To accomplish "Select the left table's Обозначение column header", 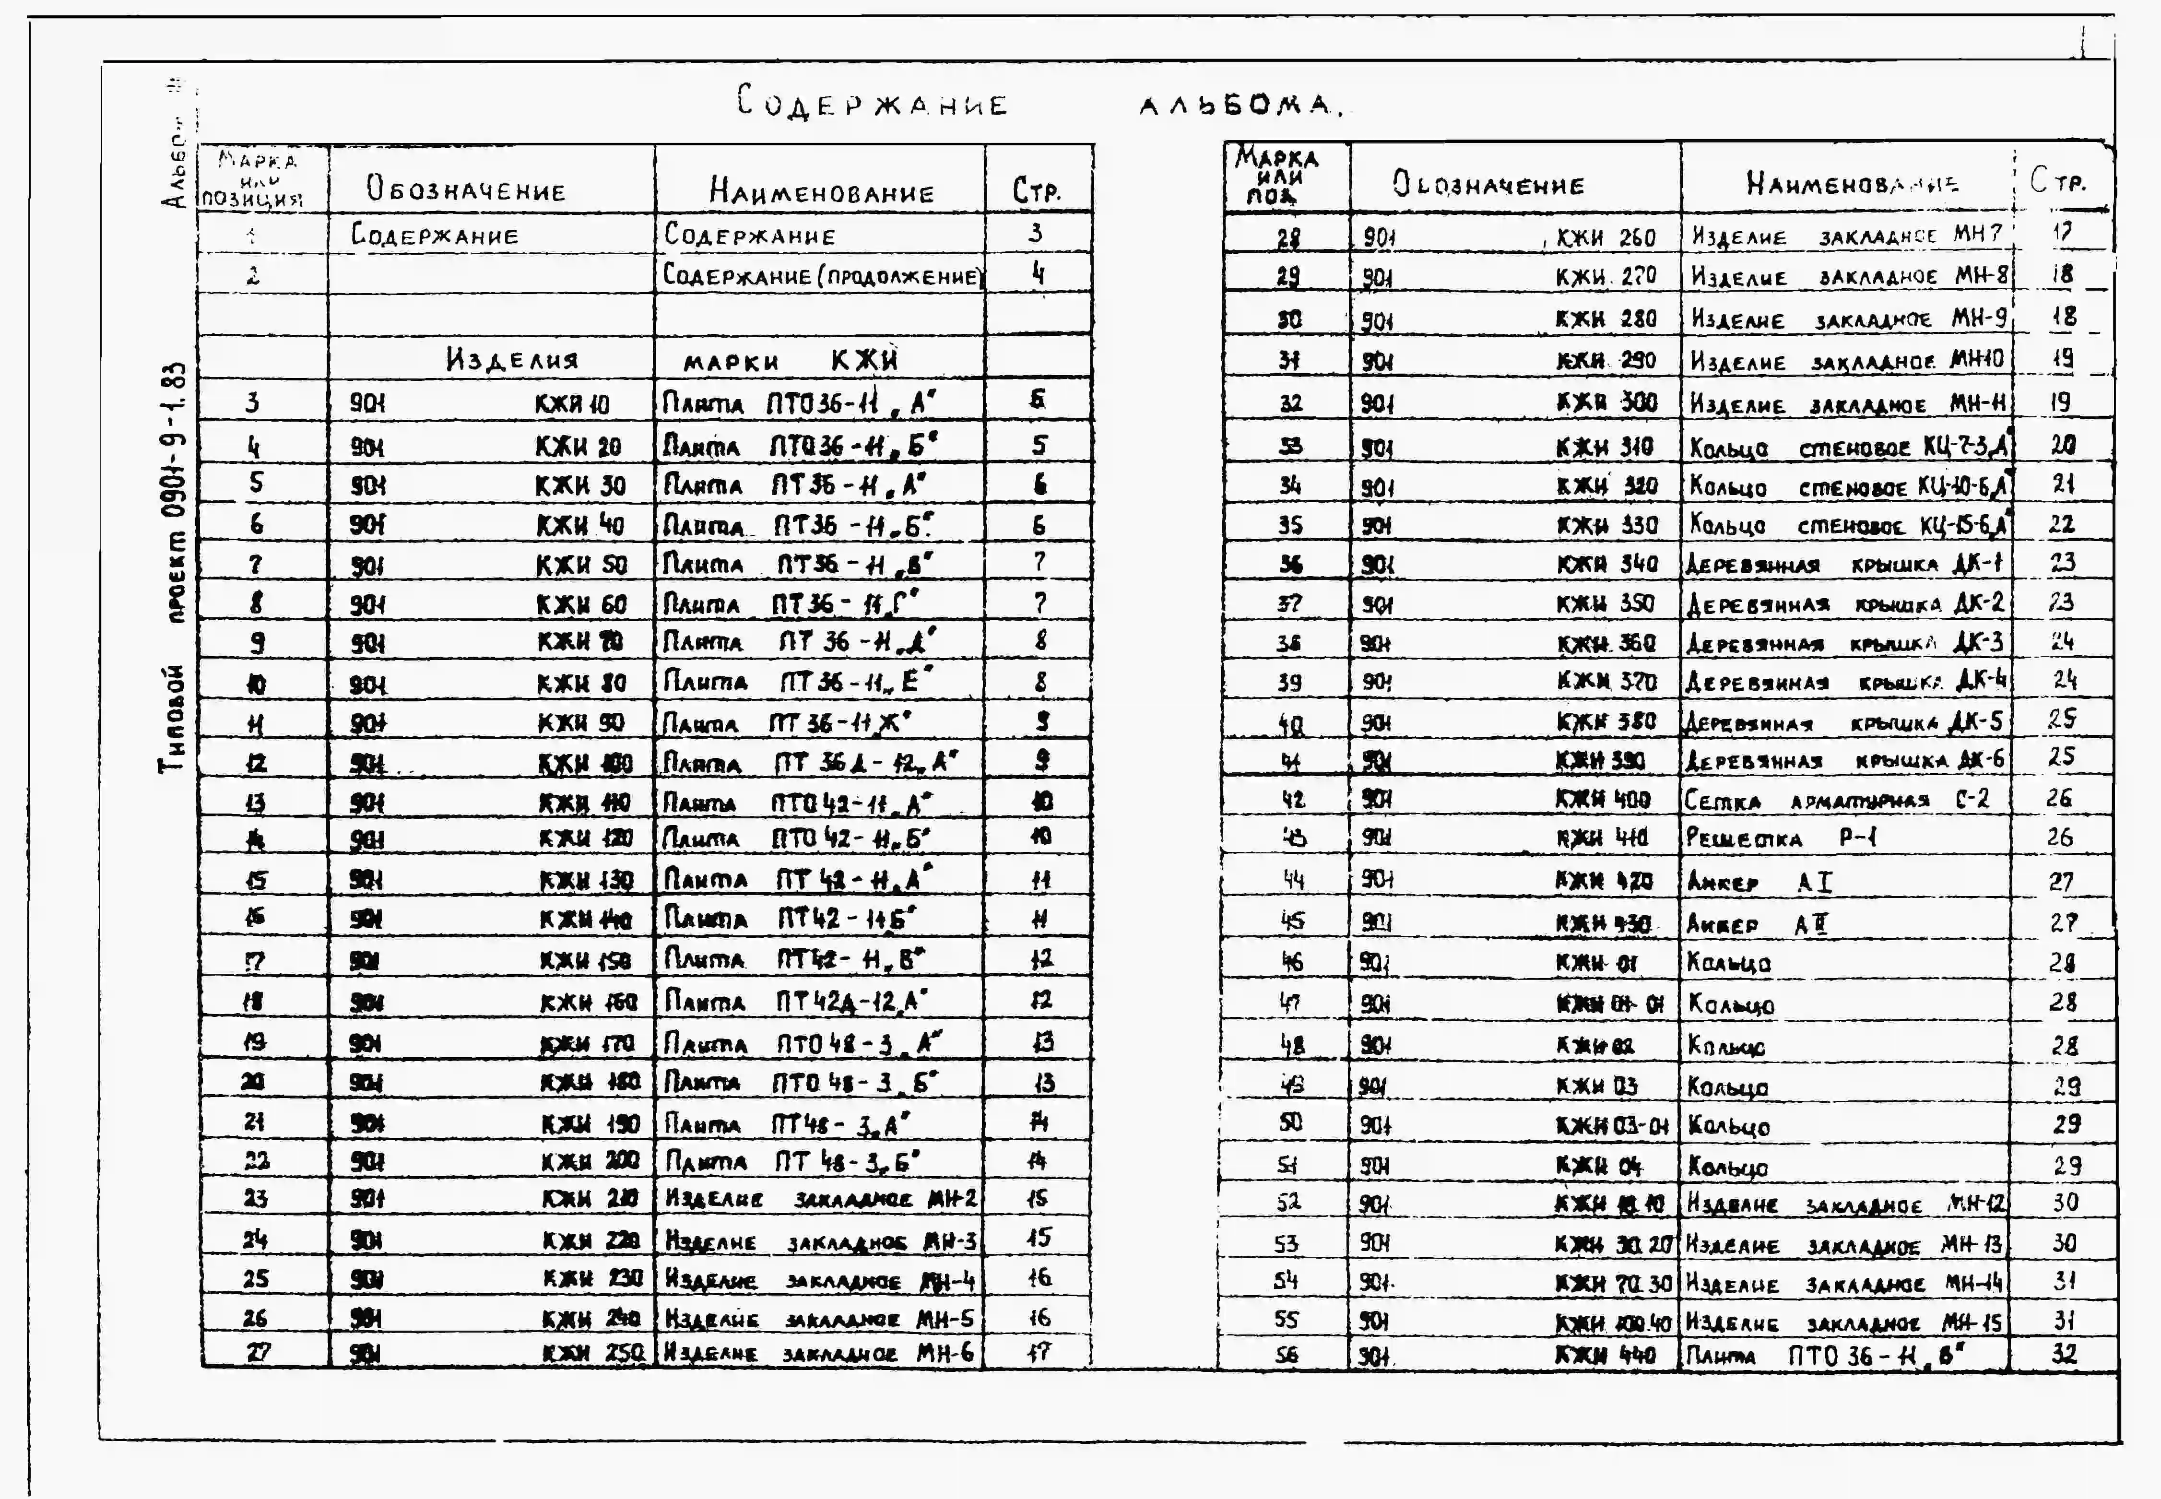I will coord(466,190).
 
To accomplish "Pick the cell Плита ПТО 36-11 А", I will coord(798,403).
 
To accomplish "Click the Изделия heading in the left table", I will coord(512,359).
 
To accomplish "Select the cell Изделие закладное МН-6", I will coord(820,1354).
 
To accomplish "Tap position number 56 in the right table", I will coord(1287,1354).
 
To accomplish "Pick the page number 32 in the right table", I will coord(2063,1354).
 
